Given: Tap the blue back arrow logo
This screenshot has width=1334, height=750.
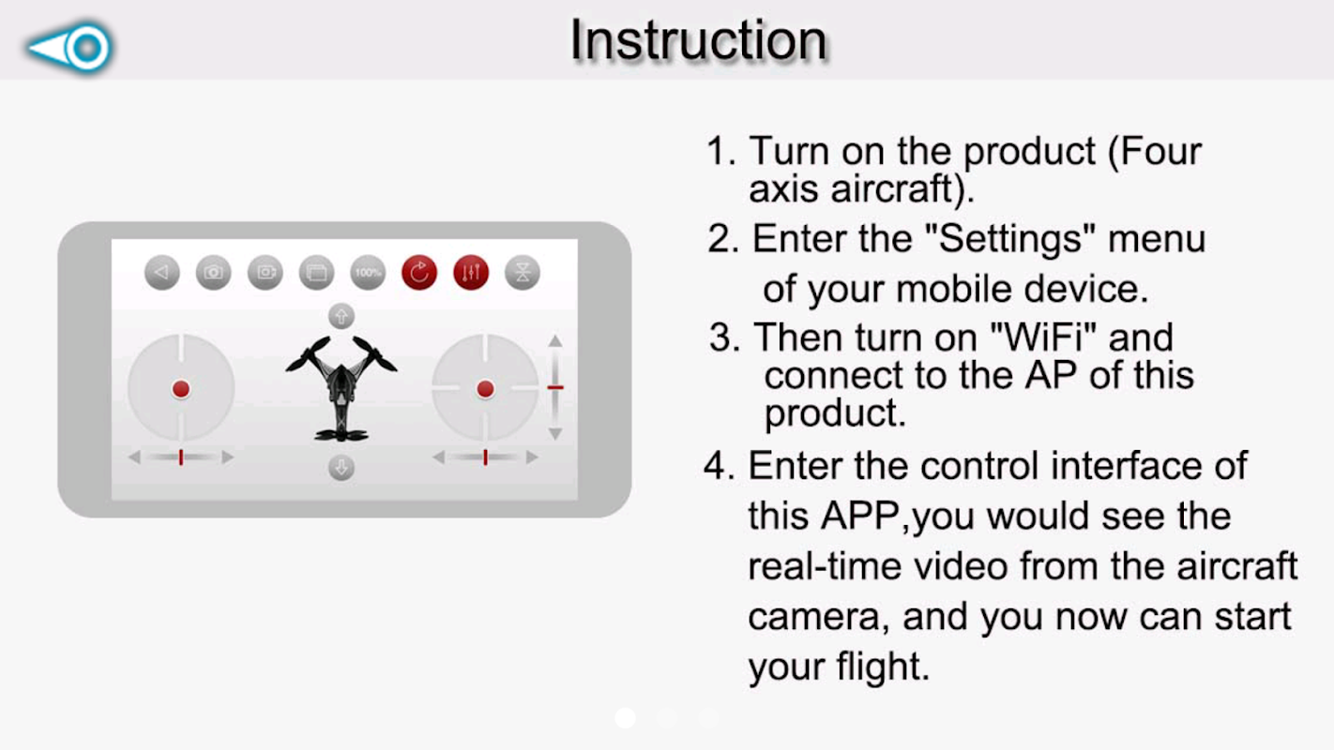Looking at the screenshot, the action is pyautogui.click(x=69, y=47).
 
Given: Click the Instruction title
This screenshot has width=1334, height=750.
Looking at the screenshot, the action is pyautogui.click(x=699, y=40).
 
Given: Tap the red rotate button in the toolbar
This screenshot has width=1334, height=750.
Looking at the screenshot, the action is pyautogui.click(x=419, y=273).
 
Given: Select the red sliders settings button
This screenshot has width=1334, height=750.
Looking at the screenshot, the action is pyautogui.click(x=471, y=273).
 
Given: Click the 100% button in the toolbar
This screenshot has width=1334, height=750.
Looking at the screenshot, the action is pyautogui.click(x=368, y=273).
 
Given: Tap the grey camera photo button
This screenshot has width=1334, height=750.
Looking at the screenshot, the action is pyautogui.click(x=213, y=273).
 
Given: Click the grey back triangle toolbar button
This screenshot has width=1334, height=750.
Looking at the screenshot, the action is pyautogui.click(x=162, y=273).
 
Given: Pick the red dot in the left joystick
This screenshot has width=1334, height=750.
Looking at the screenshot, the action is pyautogui.click(x=181, y=389).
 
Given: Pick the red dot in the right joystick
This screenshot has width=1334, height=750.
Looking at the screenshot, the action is pyautogui.click(x=485, y=389).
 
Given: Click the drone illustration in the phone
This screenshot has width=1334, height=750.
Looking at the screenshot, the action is pyautogui.click(x=341, y=388).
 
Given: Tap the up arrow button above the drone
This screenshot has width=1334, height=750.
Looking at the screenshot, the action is pyautogui.click(x=341, y=316).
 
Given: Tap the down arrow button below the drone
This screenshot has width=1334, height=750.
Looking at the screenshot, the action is pyautogui.click(x=341, y=467).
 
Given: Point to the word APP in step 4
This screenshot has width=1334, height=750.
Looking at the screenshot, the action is pyautogui.click(x=859, y=516).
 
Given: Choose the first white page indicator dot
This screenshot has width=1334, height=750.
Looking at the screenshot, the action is pyautogui.click(x=625, y=718).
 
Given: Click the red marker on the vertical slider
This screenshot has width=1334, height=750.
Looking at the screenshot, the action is pyautogui.click(x=555, y=387).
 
